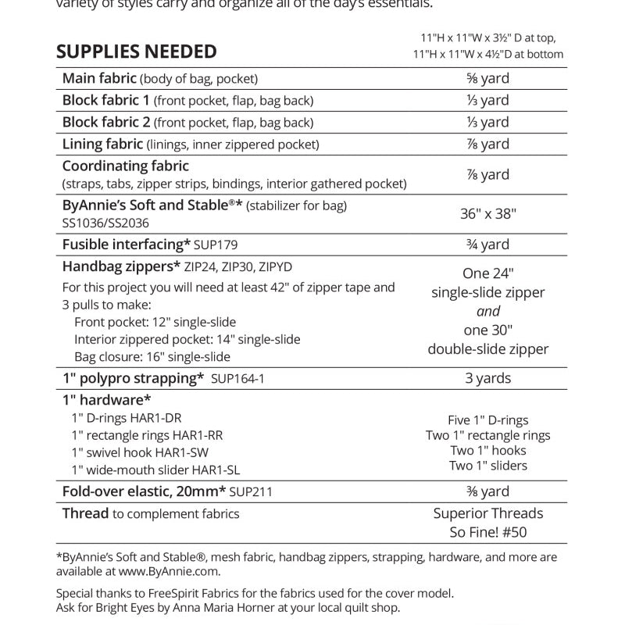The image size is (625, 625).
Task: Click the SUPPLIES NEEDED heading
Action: tap(137, 52)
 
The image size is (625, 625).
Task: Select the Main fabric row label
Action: tap(99, 79)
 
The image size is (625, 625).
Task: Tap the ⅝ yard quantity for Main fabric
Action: tap(488, 79)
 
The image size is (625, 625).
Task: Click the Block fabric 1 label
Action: tap(106, 101)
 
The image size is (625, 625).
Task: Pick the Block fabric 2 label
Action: tap(106, 123)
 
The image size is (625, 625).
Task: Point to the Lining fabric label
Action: tap(102, 145)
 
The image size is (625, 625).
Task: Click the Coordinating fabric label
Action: tap(125, 166)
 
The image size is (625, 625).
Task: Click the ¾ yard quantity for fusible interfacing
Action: tap(488, 245)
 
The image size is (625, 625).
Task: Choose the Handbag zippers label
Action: tap(121, 266)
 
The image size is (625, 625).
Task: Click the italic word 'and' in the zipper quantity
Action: tap(488, 311)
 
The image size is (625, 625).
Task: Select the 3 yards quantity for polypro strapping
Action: tap(488, 379)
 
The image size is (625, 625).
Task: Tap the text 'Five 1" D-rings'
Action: tap(488, 420)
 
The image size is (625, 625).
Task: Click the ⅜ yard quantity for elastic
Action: tap(488, 492)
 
